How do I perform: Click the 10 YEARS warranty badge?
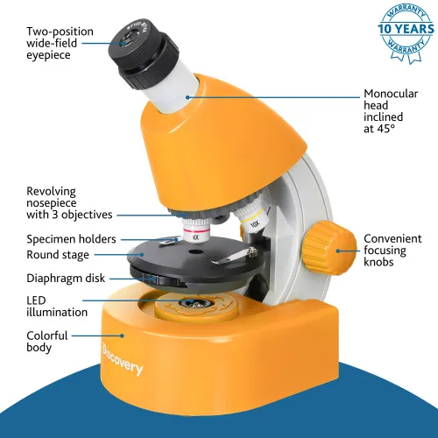point(405,28)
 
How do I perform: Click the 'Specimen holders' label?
point(69,238)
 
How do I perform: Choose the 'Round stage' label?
point(58,255)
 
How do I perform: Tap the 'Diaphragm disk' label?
point(66,279)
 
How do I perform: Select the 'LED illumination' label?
point(57,306)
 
